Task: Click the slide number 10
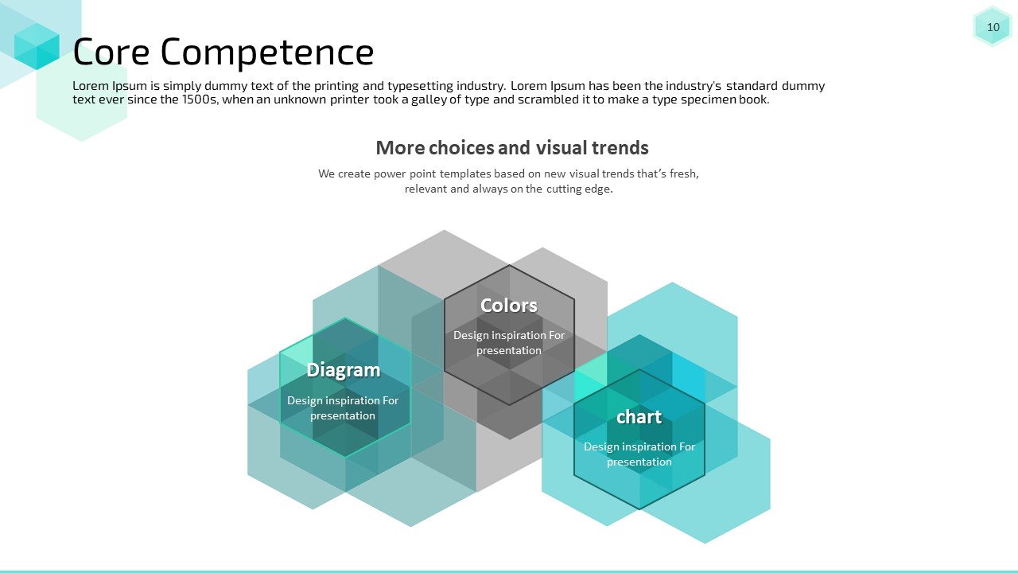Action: pos(993,27)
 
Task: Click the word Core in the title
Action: pos(111,52)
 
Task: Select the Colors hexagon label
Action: pos(509,305)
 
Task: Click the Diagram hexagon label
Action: pos(344,370)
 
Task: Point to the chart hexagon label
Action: pos(639,416)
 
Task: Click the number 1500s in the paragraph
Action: pos(200,99)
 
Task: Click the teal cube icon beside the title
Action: pos(37,46)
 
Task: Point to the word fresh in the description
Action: pos(684,173)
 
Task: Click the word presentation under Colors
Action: pos(509,351)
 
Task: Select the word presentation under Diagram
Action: pos(343,416)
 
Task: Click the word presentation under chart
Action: pos(639,462)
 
